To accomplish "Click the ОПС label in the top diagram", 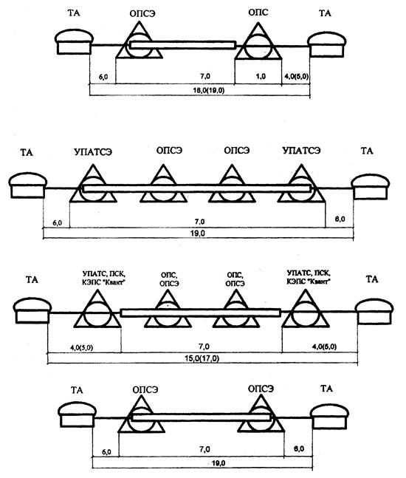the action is tap(258, 13).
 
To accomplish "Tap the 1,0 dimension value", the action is tap(261, 76).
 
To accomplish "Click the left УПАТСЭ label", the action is tap(93, 151).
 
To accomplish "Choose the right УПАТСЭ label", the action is tap(301, 151).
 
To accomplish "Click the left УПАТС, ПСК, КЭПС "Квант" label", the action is tap(104, 278).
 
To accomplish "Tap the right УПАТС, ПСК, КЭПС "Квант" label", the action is tap(309, 277).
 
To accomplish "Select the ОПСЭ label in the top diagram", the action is tap(142, 14).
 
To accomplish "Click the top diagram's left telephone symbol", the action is tap(74, 42).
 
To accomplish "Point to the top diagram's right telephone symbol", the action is tap(327, 44).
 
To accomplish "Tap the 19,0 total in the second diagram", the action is tap(199, 233).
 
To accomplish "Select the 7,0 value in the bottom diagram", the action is tap(204, 450).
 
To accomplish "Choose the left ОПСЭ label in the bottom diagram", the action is tap(145, 389).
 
